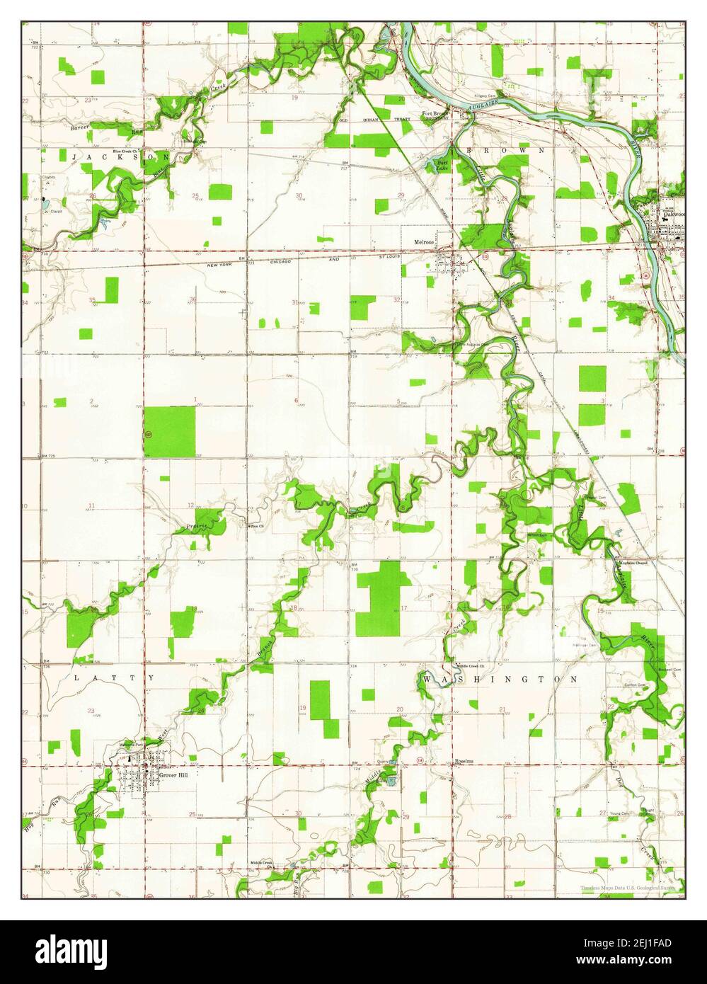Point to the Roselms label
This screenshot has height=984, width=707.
[x=464, y=762]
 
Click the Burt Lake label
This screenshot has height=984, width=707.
[x=442, y=166]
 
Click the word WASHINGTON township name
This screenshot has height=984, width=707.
[x=501, y=679]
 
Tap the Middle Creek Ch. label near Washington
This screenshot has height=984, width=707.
[x=470, y=666]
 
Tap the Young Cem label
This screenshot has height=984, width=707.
[x=620, y=814]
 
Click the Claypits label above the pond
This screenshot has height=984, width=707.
[x=47, y=178]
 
